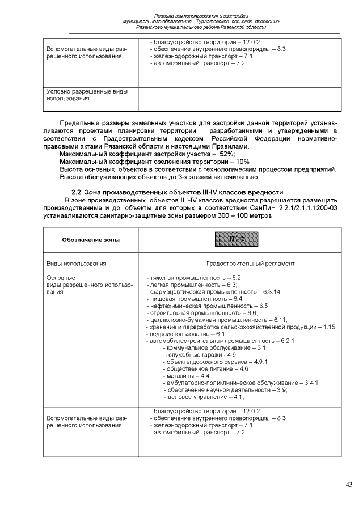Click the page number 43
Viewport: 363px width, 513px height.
point(349,484)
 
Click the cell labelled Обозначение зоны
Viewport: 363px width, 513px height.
point(91,240)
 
